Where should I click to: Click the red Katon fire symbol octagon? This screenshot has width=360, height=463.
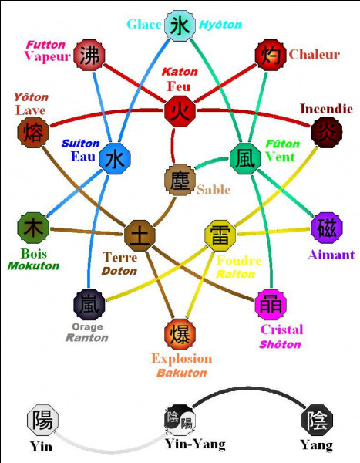pyautogui.click(x=180, y=111)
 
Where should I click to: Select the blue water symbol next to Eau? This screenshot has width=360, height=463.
pyautogui.click(x=115, y=159)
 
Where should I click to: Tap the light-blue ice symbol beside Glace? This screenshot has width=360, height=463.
pyautogui.click(x=180, y=25)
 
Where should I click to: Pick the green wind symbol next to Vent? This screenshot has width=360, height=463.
pyautogui.click(x=245, y=158)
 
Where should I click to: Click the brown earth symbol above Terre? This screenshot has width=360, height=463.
pyautogui.click(x=140, y=235)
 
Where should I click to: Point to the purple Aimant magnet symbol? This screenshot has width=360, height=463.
pyautogui.click(x=327, y=228)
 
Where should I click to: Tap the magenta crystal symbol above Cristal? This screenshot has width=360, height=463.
pyautogui.click(x=271, y=305)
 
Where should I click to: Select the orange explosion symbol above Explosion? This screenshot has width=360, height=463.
pyautogui.click(x=180, y=334)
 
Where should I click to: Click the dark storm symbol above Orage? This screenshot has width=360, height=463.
pyautogui.click(x=89, y=305)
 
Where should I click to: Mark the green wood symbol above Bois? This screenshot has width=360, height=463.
pyautogui.click(x=33, y=228)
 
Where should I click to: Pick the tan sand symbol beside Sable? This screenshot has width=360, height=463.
pyautogui.click(x=180, y=180)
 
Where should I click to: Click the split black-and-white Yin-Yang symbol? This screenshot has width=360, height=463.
pyautogui.click(x=180, y=420)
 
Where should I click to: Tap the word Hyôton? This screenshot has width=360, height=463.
pyautogui.click(x=220, y=25)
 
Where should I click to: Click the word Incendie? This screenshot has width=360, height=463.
pyautogui.click(x=326, y=109)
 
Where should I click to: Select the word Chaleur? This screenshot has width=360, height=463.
pyautogui.click(x=315, y=54)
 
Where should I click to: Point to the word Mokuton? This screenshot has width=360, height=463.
pyautogui.click(x=33, y=265)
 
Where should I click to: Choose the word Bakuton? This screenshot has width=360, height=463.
pyautogui.click(x=182, y=373)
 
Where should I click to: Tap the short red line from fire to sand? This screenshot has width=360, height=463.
pyautogui.click(x=173, y=146)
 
